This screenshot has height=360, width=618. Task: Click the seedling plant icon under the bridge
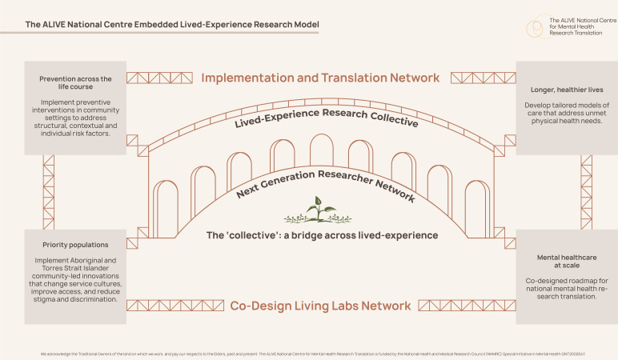(318, 210)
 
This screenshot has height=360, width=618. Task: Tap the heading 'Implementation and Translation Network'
(320, 78)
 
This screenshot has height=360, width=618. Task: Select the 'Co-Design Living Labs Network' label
(320, 306)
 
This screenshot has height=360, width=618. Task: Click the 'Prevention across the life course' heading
(75, 83)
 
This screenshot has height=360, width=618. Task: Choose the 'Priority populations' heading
(75, 246)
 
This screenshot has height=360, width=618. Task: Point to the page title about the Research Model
(172, 25)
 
